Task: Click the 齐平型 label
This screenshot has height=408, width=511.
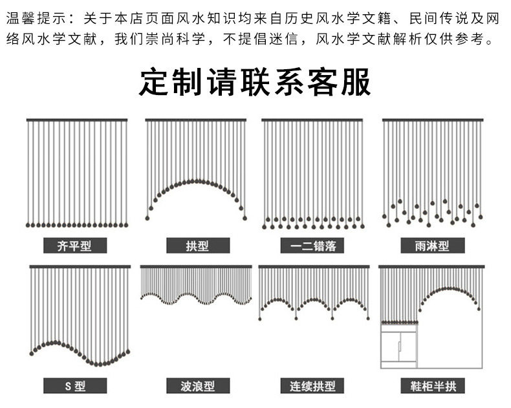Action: pyautogui.click(x=75, y=246)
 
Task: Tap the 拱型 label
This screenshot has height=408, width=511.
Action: pyautogui.click(x=198, y=246)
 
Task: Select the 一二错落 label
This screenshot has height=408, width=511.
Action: pyautogui.click(x=312, y=246)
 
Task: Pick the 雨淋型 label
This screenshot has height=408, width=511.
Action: pyautogui.click(x=433, y=246)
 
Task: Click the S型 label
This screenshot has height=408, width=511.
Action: pyautogui.click(x=75, y=386)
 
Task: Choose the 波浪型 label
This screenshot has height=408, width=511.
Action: pyautogui.click(x=198, y=386)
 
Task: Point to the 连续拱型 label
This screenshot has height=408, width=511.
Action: pyautogui.click(x=312, y=386)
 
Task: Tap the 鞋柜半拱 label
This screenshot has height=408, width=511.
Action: pyautogui.click(x=433, y=386)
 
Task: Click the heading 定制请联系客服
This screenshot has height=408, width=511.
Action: pyautogui.click(x=255, y=82)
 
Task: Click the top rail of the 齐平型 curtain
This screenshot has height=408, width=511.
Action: pyautogui.click(x=77, y=120)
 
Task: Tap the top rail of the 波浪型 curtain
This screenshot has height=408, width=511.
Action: pyautogui.click(x=196, y=266)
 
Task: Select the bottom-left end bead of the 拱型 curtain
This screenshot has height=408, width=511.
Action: pyautogui.click(x=147, y=218)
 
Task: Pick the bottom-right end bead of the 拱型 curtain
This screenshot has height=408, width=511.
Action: pyautogui.click(x=245, y=218)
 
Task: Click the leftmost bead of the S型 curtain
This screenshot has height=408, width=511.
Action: pyautogui.click(x=32, y=353)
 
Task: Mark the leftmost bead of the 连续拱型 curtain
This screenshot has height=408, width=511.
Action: pyautogui.click(x=260, y=319)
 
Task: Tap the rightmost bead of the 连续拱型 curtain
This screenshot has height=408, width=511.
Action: pyautogui.click(x=368, y=318)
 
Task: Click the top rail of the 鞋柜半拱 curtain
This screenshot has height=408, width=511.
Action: pyautogui.click(x=431, y=266)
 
